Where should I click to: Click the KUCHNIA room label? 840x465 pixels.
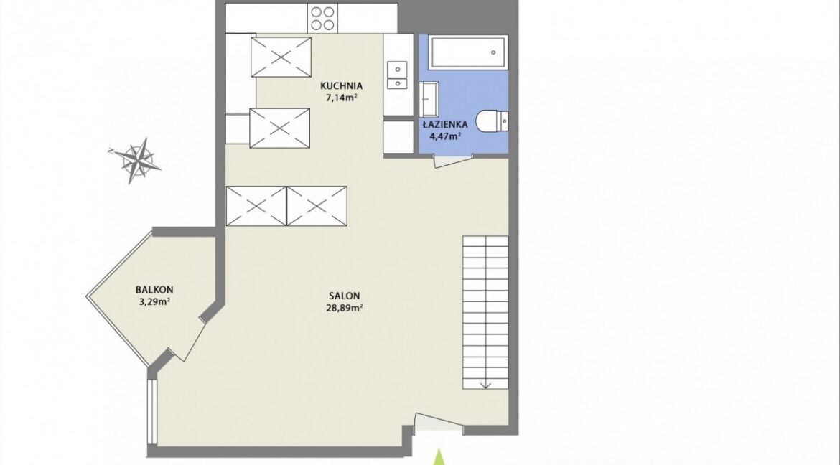pyautogui.click(x=341, y=85)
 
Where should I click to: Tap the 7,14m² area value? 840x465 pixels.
pyautogui.click(x=341, y=98)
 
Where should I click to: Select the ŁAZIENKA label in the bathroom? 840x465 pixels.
pyautogui.click(x=444, y=124)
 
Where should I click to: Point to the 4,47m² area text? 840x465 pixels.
pyautogui.click(x=445, y=136)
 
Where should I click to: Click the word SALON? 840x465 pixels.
pyautogui.click(x=345, y=296)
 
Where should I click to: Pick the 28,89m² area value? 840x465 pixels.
pyautogui.click(x=345, y=308)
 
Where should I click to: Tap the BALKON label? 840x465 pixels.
pyautogui.click(x=154, y=290)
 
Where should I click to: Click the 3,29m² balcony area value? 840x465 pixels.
pyautogui.click(x=154, y=301)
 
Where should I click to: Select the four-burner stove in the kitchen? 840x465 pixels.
pyautogui.click(x=322, y=18)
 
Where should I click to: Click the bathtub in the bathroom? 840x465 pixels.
pyautogui.click(x=467, y=52)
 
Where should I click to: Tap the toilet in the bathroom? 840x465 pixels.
pyautogui.click(x=490, y=121)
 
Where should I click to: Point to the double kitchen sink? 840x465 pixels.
pyautogui.click(x=397, y=75)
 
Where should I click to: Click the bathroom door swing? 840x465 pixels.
pyautogui.click(x=453, y=160)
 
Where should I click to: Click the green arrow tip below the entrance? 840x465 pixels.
pyautogui.click(x=439, y=450)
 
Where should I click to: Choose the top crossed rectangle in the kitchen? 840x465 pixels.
pyautogui.click(x=281, y=57)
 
